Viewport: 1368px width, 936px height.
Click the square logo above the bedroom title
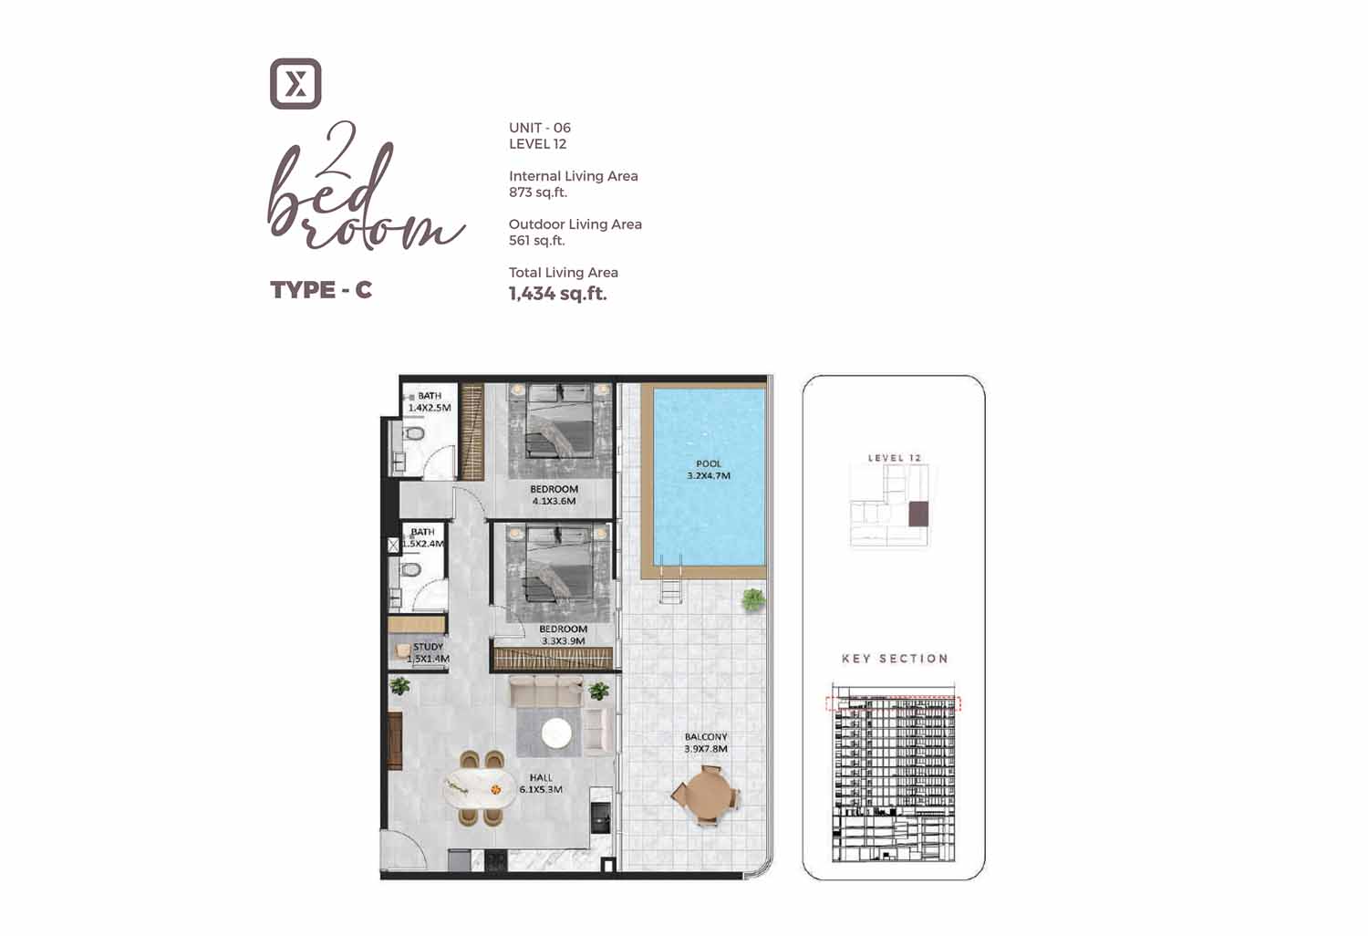(x=295, y=84)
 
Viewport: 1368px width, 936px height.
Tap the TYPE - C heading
(x=321, y=289)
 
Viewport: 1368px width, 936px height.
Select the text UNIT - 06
(x=540, y=128)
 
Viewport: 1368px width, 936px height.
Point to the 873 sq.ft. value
(x=538, y=192)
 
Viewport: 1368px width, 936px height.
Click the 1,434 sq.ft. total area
(x=557, y=294)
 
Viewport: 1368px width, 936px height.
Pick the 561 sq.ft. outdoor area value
(x=537, y=241)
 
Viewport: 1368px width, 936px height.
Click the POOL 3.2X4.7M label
(x=709, y=470)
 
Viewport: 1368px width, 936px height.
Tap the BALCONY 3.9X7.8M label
(x=706, y=743)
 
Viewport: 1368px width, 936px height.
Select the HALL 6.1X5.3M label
(x=541, y=784)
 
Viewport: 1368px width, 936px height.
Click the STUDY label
(x=428, y=647)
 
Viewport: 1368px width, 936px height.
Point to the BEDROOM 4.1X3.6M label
(x=554, y=494)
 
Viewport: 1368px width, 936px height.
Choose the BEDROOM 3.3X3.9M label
(x=563, y=635)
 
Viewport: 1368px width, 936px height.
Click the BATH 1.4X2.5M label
(x=430, y=401)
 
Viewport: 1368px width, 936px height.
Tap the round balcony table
(x=707, y=795)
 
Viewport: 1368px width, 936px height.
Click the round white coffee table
(x=556, y=733)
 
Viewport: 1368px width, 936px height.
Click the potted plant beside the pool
(x=753, y=599)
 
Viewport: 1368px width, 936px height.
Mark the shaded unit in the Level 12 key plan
(x=917, y=514)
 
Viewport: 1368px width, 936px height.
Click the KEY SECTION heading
(x=895, y=659)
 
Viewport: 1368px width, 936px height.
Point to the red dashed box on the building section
(x=893, y=704)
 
